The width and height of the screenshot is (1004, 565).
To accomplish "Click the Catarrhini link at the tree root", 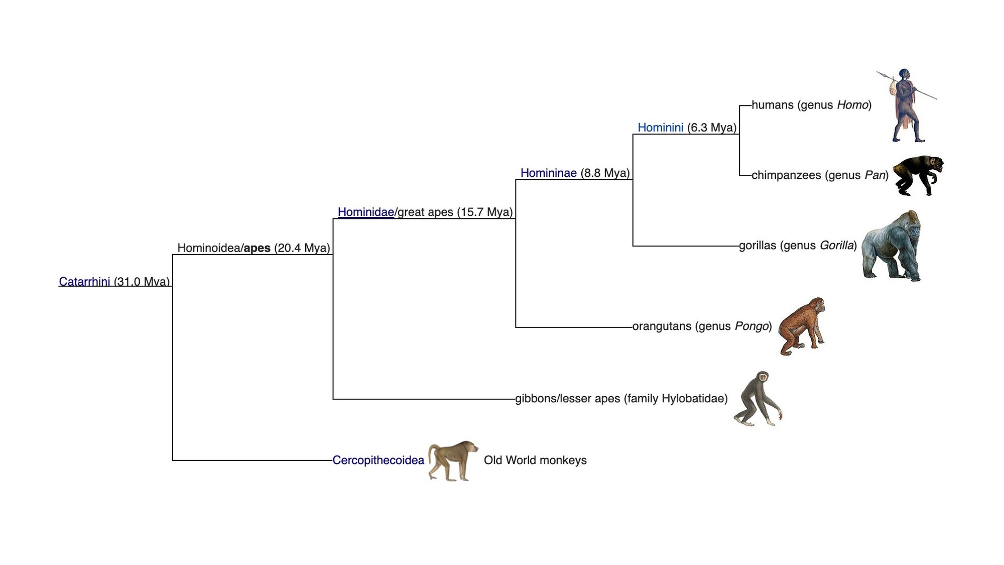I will pyautogui.click(x=84, y=281).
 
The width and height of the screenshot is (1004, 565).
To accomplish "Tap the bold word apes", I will pyautogui.click(x=257, y=248).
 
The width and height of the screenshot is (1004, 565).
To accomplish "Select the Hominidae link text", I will pyautogui.click(x=365, y=212).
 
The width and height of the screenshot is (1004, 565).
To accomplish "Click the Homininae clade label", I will pyautogui.click(x=548, y=173).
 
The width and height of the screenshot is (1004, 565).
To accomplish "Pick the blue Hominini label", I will pyautogui.click(x=660, y=128).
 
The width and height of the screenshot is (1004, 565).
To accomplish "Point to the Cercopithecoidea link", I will pyautogui.click(x=378, y=460).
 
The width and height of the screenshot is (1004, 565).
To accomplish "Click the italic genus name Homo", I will pyautogui.click(x=852, y=105).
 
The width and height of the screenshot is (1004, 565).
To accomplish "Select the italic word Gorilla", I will pyautogui.click(x=836, y=246).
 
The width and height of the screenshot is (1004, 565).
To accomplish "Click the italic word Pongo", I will pyautogui.click(x=751, y=326).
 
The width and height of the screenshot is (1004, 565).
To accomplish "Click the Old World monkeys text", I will pyautogui.click(x=535, y=460).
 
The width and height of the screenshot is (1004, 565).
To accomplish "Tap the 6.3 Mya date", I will pyautogui.click(x=711, y=128).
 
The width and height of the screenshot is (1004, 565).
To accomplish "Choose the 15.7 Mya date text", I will pyautogui.click(x=484, y=212).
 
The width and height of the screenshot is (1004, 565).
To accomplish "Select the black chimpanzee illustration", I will pyautogui.click(x=918, y=174).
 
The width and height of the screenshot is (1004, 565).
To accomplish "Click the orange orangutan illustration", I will pyautogui.click(x=801, y=326).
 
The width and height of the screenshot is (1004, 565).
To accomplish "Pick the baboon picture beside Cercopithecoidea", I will pyautogui.click(x=452, y=460).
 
